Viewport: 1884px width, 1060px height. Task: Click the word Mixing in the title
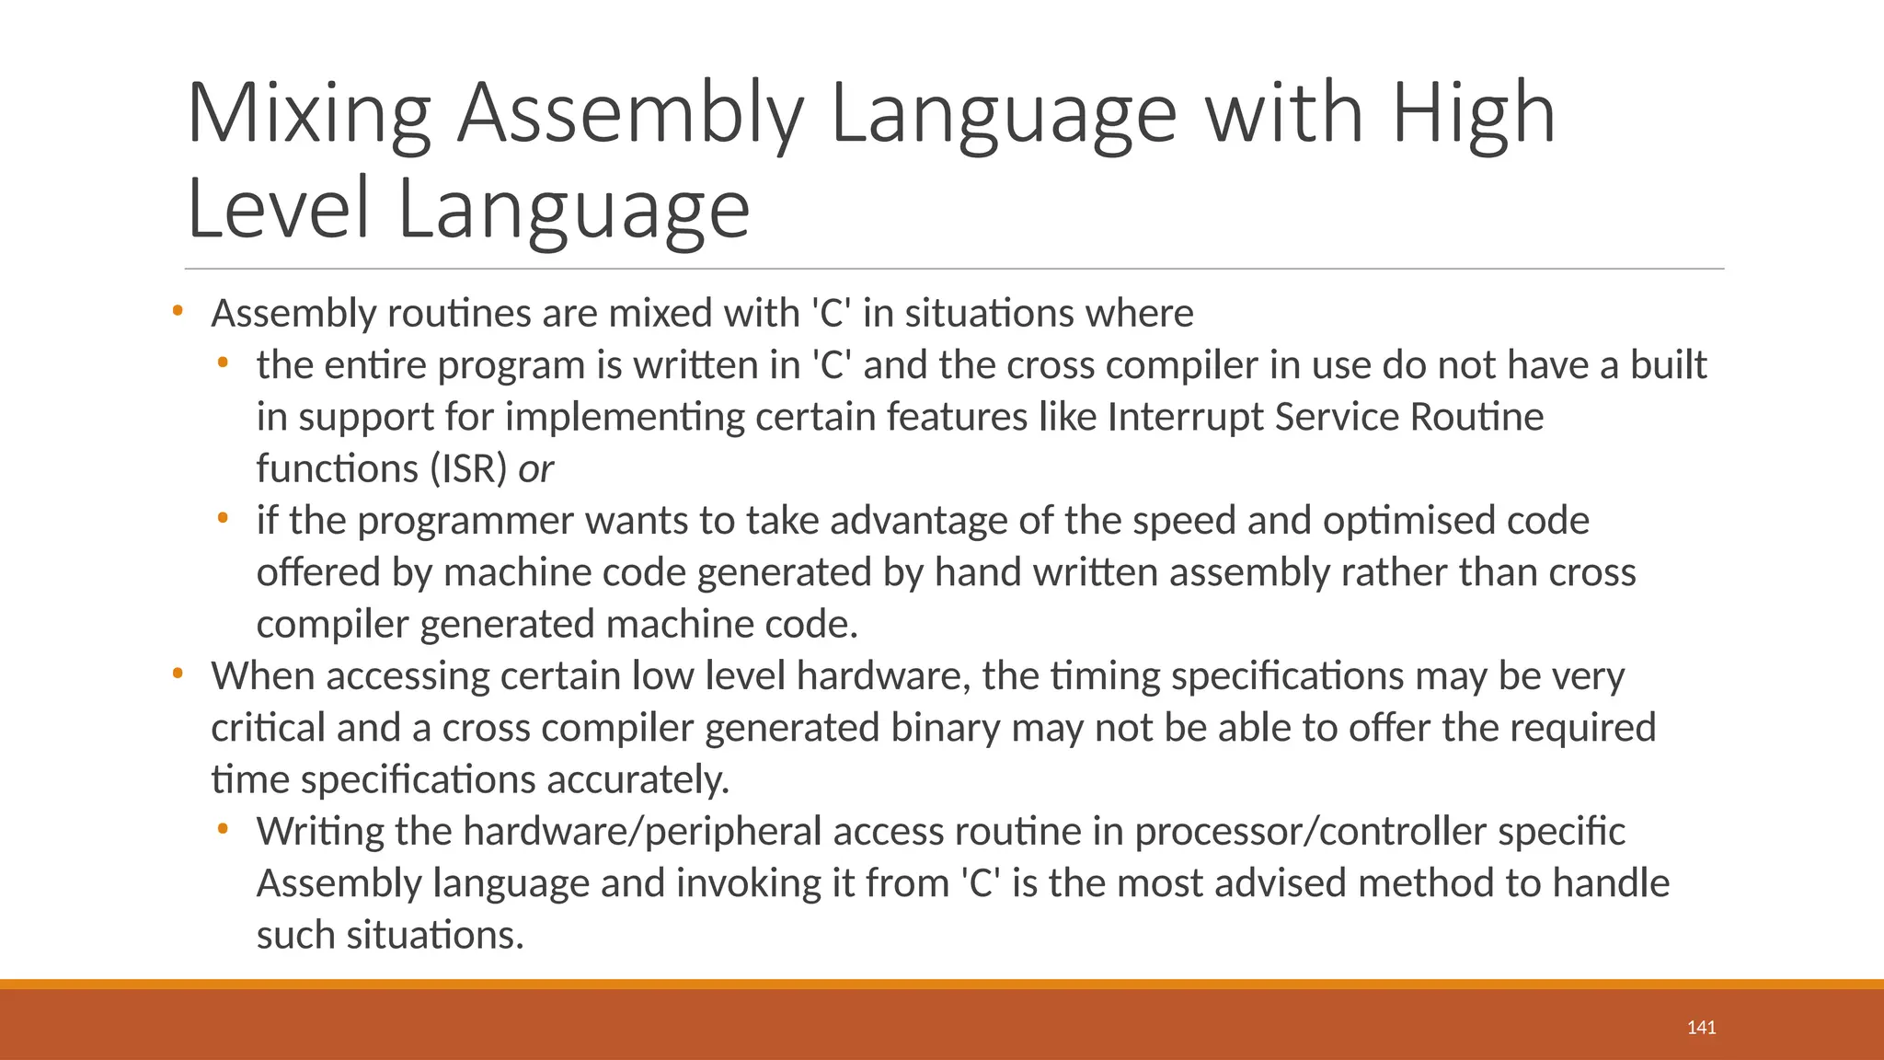[x=309, y=114]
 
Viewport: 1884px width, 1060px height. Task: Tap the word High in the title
[x=1473, y=114]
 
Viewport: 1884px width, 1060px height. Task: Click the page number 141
[x=1701, y=1028]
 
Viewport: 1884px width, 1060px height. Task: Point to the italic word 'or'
[x=535, y=469]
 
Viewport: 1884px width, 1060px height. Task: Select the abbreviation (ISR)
[x=468, y=469]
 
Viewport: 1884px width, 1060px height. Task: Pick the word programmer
[x=465, y=522]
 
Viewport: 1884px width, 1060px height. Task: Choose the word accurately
[x=638, y=780]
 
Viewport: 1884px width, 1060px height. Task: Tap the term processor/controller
[x=1310, y=832]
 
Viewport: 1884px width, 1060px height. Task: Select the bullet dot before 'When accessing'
[x=178, y=674]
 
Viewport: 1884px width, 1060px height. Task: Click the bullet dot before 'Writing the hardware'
[x=223, y=830]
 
